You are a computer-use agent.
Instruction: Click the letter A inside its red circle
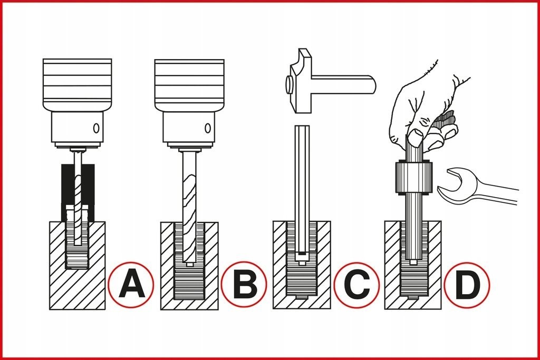(x=131, y=284)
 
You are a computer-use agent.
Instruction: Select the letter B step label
(x=244, y=284)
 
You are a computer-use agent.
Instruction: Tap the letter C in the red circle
(x=357, y=285)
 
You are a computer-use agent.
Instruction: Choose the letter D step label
(x=467, y=285)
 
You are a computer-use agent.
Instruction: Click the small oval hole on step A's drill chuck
(x=97, y=129)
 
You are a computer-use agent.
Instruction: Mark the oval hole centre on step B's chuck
(x=208, y=129)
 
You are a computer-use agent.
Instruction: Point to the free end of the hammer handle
(x=375, y=83)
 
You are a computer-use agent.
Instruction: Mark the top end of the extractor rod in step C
(x=302, y=127)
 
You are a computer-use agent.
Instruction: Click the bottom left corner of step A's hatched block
(x=50, y=309)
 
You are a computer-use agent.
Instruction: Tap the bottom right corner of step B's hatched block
(x=218, y=309)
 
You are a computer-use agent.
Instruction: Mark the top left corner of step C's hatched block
(x=274, y=222)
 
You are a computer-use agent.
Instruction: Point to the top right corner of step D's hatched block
(x=441, y=222)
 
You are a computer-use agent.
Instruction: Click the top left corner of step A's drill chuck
(x=44, y=60)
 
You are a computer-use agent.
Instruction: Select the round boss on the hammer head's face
(x=288, y=85)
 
